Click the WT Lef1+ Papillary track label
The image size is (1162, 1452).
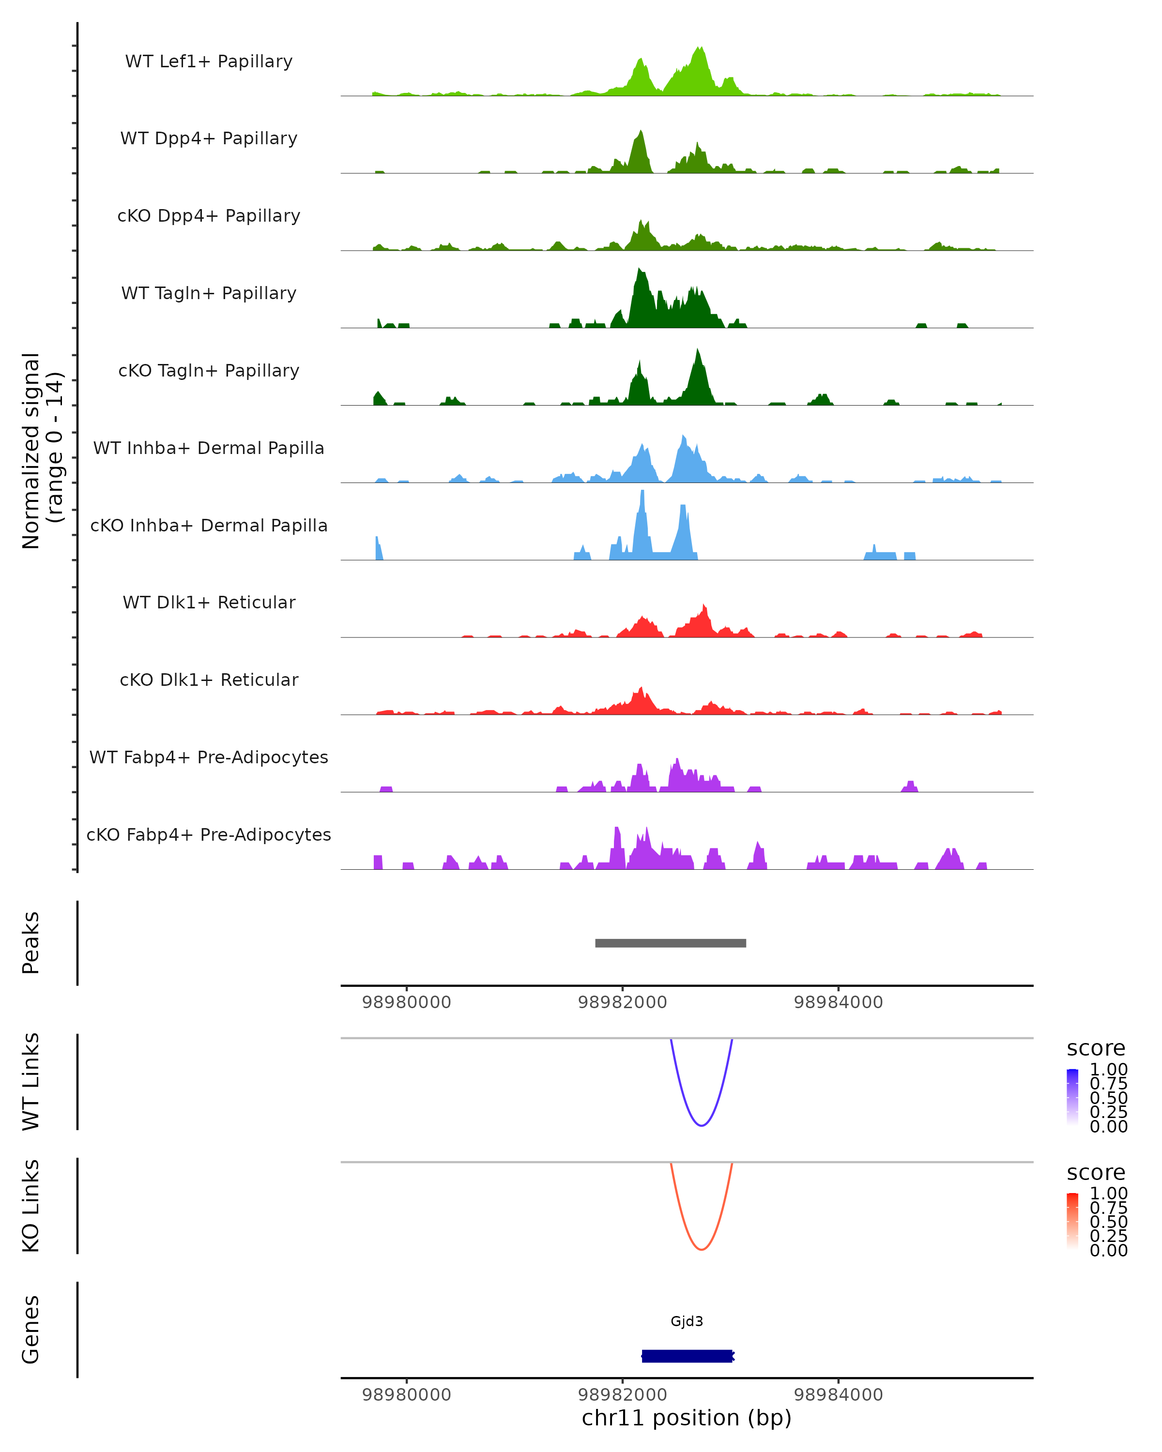(x=209, y=61)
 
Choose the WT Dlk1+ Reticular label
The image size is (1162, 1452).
(x=209, y=602)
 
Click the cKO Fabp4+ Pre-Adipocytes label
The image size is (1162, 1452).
(x=209, y=834)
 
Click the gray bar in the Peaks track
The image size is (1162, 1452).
(x=670, y=943)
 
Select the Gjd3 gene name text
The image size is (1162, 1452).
(x=687, y=1321)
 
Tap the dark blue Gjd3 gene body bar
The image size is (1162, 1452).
(x=687, y=1356)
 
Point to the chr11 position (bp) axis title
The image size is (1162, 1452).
(x=687, y=1418)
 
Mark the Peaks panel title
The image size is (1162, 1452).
(x=31, y=943)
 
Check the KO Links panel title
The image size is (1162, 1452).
(x=31, y=1206)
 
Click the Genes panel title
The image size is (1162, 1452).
(x=31, y=1330)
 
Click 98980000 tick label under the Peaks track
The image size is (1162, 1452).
(x=406, y=1002)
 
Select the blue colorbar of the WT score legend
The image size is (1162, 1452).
(x=1072, y=1097)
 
